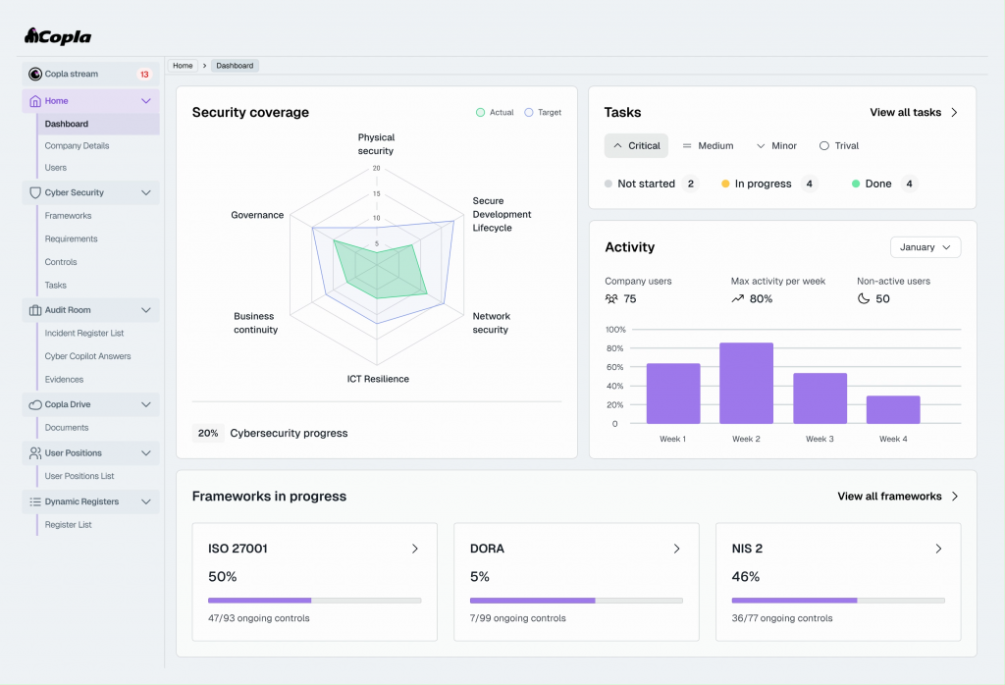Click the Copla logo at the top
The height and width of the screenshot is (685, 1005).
pyautogui.click(x=58, y=36)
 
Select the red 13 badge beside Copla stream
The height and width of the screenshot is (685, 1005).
pyautogui.click(x=144, y=75)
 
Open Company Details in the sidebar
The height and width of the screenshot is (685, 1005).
pyautogui.click(x=77, y=145)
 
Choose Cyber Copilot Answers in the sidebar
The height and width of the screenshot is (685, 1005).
pyautogui.click(x=87, y=356)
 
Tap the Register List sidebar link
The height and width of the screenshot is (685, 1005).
pyautogui.click(x=68, y=525)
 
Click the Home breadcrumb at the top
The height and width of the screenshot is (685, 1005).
pyautogui.click(x=183, y=66)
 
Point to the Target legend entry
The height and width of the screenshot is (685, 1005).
pyautogui.click(x=543, y=112)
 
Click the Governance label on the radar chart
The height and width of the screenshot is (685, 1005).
pyautogui.click(x=257, y=215)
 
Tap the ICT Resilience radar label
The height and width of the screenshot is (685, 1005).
pyautogui.click(x=378, y=379)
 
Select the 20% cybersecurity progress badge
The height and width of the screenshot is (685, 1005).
pyautogui.click(x=208, y=433)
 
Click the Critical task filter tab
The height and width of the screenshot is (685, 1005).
pyautogui.click(x=636, y=145)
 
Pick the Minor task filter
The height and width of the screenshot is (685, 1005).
pyautogui.click(x=776, y=145)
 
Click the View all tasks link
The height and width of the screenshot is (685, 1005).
pyautogui.click(x=914, y=112)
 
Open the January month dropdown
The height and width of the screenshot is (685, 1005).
pyautogui.click(x=926, y=247)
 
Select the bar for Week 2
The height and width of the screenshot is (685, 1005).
pyautogui.click(x=746, y=383)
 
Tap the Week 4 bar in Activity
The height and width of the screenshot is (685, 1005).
pyautogui.click(x=893, y=410)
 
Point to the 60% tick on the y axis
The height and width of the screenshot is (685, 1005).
pyautogui.click(x=614, y=367)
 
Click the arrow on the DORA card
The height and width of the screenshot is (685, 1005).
pyautogui.click(x=677, y=549)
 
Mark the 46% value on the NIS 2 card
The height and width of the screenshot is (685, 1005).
pyautogui.click(x=746, y=577)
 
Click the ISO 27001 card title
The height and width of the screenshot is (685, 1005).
pyautogui.click(x=238, y=549)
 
